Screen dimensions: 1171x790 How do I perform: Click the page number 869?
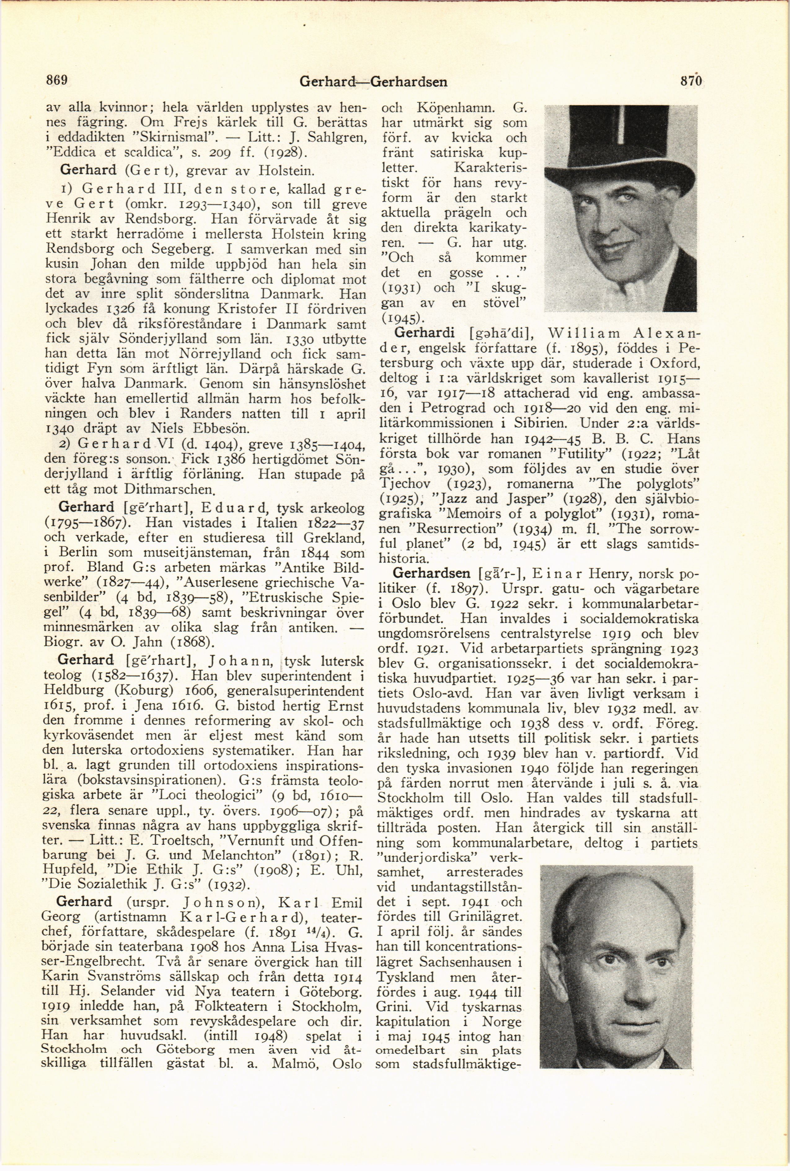click(x=57, y=80)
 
